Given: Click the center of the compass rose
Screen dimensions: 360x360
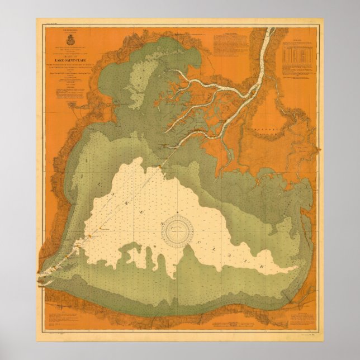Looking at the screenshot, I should point(179,230).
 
